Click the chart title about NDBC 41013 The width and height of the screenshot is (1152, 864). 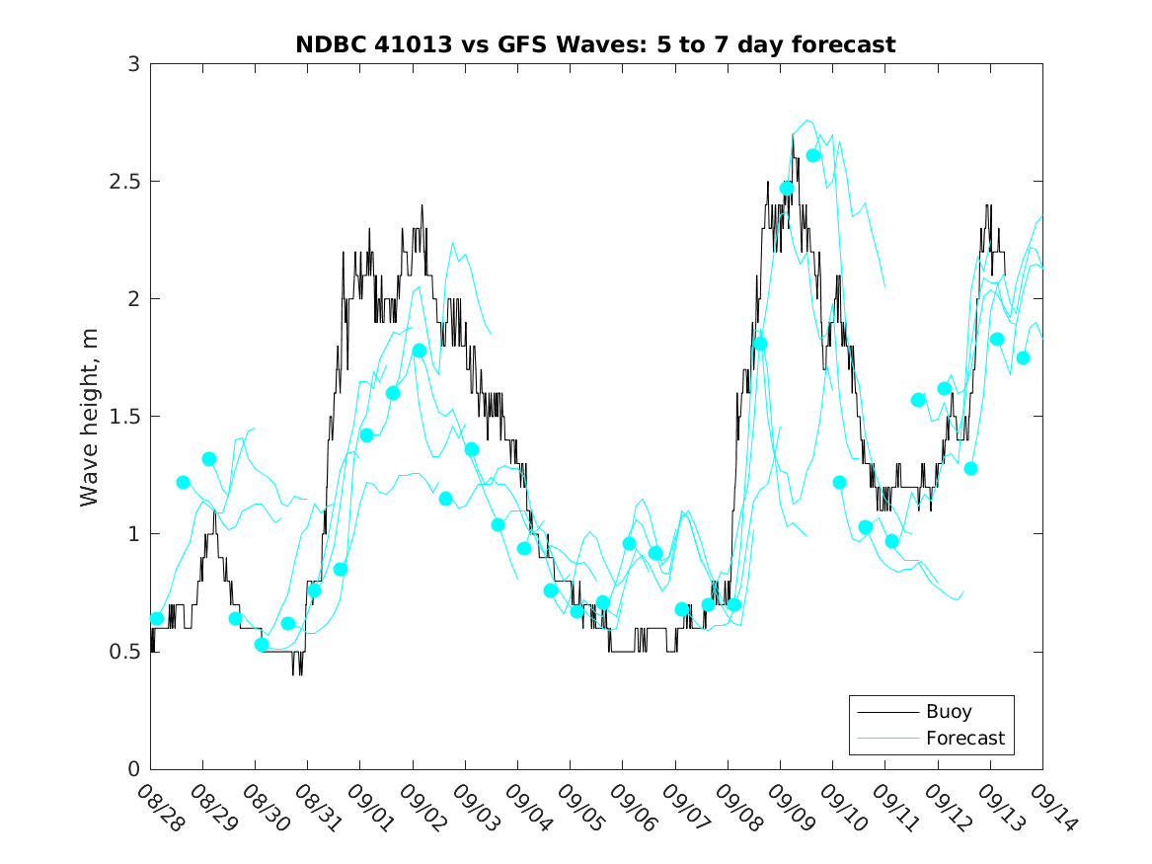pos(595,44)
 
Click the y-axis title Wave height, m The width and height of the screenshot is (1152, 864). pos(90,417)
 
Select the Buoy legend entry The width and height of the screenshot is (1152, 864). pos(948,711)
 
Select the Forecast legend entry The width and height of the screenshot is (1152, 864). pos(964,738)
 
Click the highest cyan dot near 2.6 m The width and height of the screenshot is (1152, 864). pos(813,155)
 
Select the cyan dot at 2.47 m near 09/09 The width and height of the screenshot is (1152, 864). pos(787,188)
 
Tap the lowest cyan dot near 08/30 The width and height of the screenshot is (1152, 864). pos(262,645)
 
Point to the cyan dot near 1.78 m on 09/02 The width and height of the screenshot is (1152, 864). pos(420,351)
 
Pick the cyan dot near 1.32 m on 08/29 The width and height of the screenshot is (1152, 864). pos(209,459)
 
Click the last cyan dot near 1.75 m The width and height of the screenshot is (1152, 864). pos(1024,357)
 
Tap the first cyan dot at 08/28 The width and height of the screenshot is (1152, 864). pos(157,619)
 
